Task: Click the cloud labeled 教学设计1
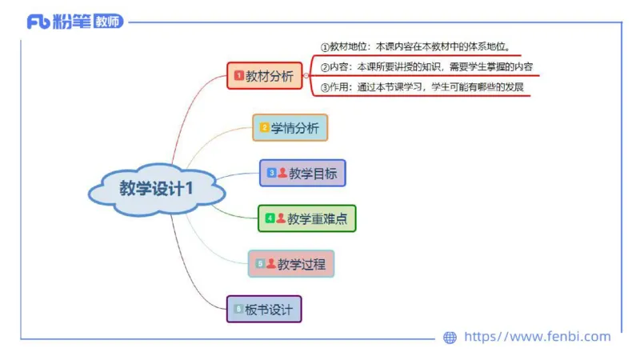157,190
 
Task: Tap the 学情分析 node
290,127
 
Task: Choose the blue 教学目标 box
302,173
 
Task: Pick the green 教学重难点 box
306,218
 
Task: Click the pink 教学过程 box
291,263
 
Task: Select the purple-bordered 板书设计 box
264,309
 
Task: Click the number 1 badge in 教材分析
238,76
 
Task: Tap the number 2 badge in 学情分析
264,127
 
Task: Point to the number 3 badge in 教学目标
271,173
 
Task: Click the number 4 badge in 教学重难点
270,218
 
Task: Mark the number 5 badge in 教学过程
260,263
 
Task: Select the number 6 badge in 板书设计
238,309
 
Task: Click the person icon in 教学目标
282,173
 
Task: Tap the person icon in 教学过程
270,263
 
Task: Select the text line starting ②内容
426,67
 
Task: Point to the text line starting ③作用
421,87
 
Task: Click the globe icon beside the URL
450,338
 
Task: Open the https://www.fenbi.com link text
537,337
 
